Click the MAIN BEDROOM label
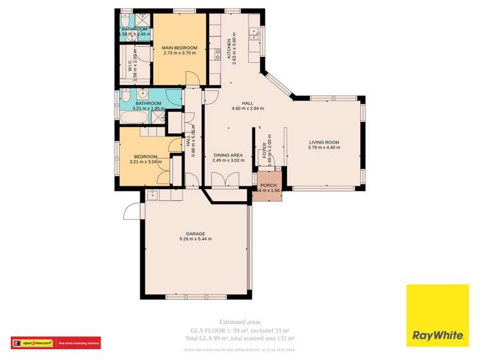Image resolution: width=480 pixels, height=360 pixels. [179, 47]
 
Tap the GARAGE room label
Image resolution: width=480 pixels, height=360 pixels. [195, 234]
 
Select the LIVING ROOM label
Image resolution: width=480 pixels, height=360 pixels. [324, 142]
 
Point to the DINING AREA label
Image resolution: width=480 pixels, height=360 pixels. [228, 155]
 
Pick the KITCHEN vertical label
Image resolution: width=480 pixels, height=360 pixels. [229, 49]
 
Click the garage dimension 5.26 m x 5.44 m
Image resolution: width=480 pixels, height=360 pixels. [195, 240]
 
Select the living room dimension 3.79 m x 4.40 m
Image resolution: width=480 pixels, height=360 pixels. [324, 148]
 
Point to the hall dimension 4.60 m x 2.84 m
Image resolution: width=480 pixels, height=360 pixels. [247, 108]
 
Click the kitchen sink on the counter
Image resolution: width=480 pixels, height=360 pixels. [254, 33]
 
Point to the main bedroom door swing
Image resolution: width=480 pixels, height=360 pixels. [191, 79]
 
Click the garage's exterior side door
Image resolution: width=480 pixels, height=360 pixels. [131, 211]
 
